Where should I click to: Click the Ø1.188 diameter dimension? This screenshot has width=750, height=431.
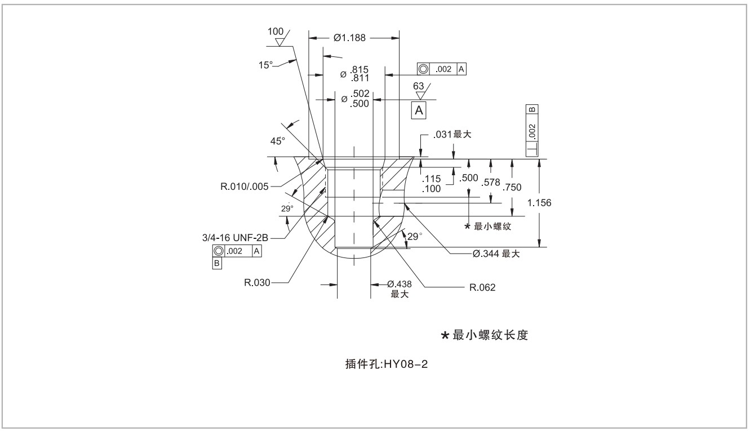[x=349, y=38]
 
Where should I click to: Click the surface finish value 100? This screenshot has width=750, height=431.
[x=276, y=32]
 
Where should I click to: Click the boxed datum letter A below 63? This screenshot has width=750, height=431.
[x=419, y=110]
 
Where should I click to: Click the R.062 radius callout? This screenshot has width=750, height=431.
[x=482, y=288]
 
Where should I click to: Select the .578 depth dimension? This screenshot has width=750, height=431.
[x=491, y=182]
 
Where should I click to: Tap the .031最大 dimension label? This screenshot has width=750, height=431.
[x=451, y=135]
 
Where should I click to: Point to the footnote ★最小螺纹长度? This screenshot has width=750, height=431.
[x=485, y=335]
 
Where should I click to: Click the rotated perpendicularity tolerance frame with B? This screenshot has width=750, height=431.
[x=532, y=130]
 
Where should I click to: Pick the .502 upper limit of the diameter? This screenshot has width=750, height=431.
[x=360, y=94]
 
